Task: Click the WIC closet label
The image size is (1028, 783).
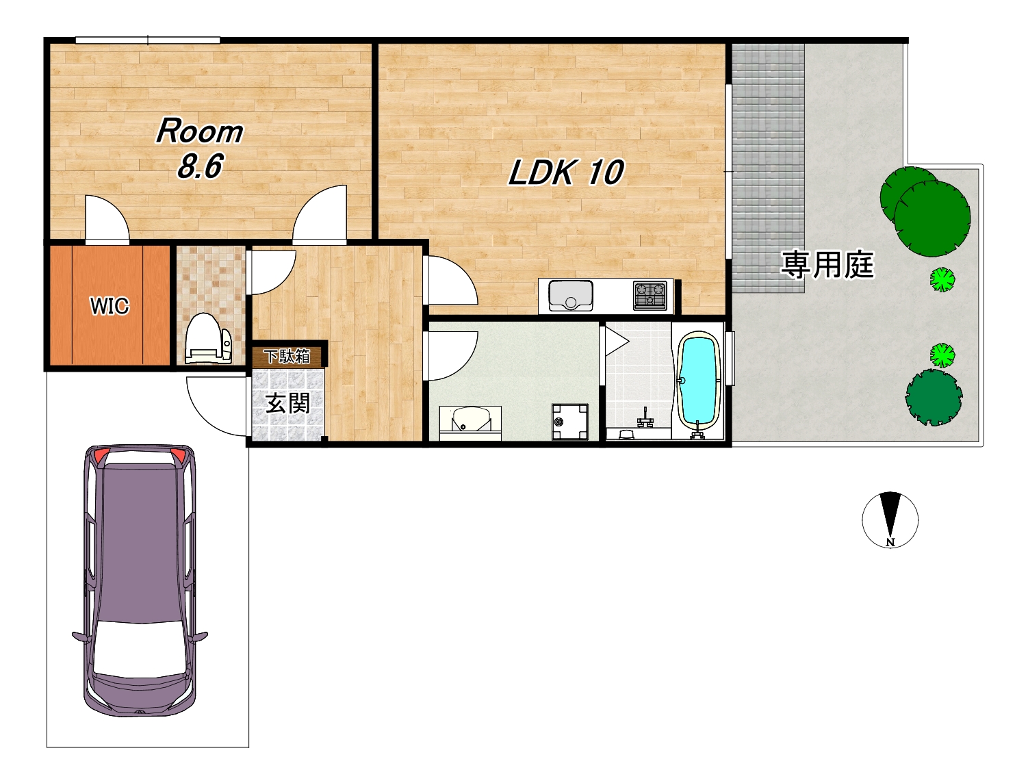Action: click(110, 306)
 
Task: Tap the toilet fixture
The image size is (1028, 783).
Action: click(209, 337)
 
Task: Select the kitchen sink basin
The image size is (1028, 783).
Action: click(571, 295)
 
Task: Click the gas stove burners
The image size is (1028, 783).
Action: click(650, 295)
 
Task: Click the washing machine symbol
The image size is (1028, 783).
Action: click(570, 422)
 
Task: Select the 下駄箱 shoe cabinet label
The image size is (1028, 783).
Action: click(287, 357)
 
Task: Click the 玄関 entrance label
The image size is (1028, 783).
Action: click(287, 403)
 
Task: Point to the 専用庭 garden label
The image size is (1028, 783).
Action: click(827, 265)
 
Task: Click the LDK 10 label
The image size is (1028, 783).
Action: click(566, 172)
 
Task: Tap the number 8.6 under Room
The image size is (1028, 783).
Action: click(199, 166)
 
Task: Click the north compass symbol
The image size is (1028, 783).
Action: click(890, 519)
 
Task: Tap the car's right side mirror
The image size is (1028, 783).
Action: click(200, 637)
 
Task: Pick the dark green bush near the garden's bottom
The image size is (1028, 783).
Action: click(934, 397)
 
